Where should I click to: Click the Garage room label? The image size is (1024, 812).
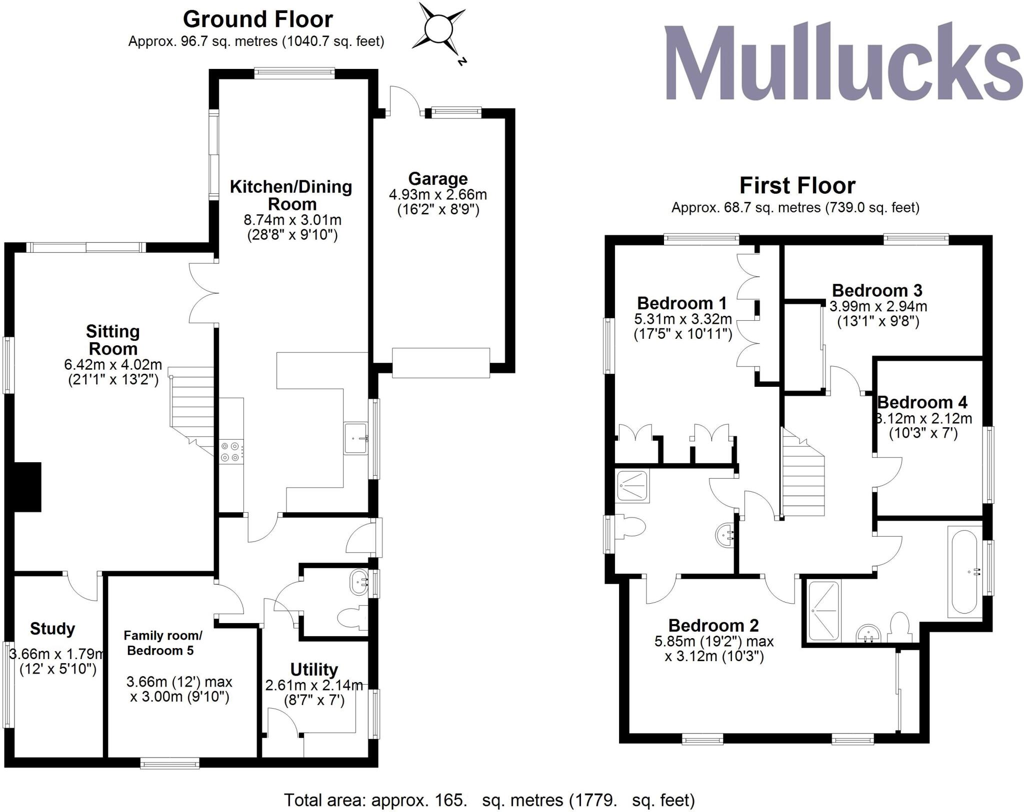(437, 178)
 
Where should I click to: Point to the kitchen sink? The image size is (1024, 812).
(356, 438)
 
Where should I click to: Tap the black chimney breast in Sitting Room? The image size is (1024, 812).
(27, 487)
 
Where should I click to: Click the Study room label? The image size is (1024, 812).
(52, 629)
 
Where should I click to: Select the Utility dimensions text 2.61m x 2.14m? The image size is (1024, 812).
(314, 686)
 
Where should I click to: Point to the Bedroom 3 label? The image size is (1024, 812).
(877, 290)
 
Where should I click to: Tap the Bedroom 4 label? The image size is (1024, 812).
(922, 402)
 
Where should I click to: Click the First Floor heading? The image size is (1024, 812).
(797, 186)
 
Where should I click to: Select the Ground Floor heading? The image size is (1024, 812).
(257, 19)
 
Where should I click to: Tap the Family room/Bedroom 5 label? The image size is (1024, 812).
(162, 643)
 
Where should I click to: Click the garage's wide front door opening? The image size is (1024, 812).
(440, 363)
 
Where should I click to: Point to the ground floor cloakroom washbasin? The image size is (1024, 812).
(359, 582)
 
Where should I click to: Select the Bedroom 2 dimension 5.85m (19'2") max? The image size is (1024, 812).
(714, 641)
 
